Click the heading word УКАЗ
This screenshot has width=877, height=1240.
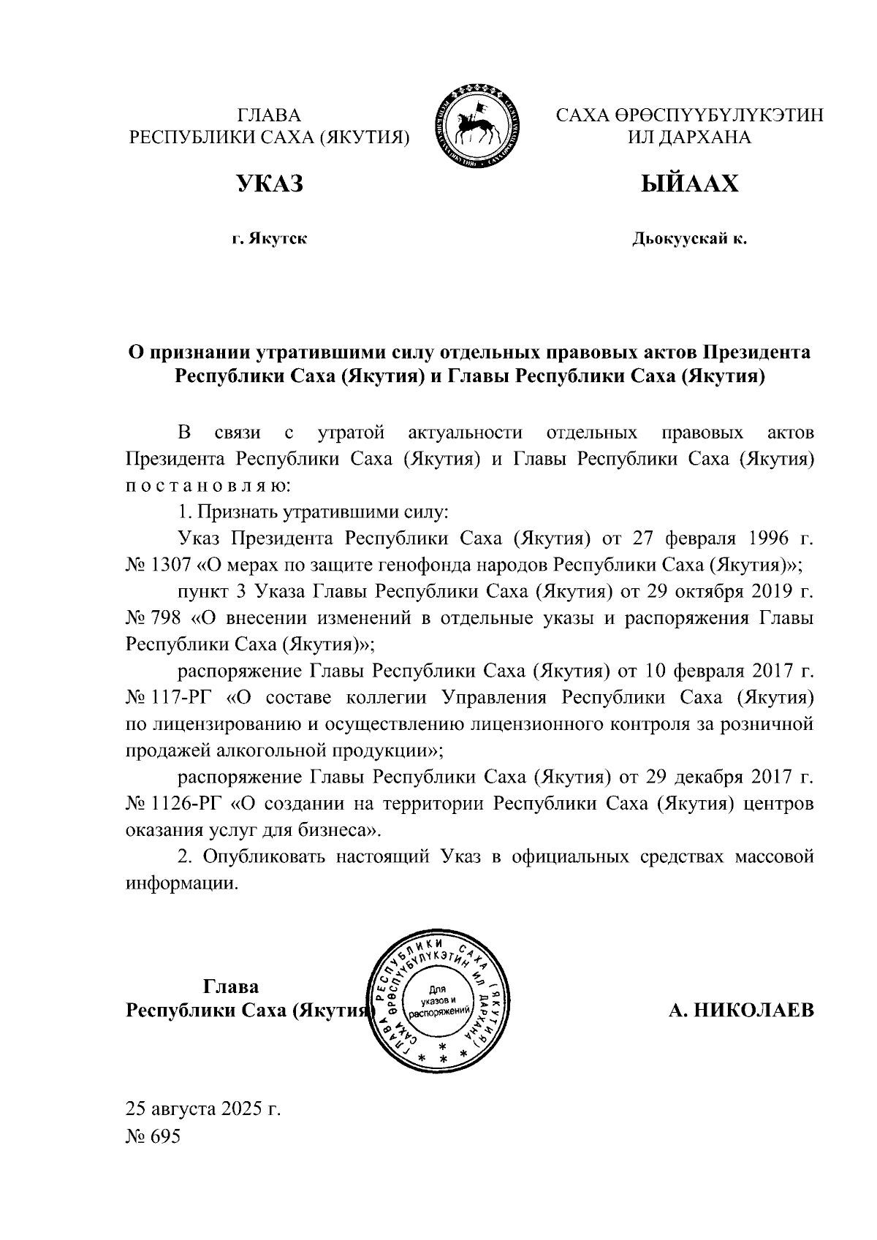point(269,184)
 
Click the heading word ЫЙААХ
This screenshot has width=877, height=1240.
point(689,184)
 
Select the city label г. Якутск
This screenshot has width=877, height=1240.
point(269,239)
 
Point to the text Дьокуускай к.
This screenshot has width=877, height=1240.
point(689,239)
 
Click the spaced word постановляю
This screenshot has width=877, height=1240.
point(208,485)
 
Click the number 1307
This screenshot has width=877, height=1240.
point(172,565)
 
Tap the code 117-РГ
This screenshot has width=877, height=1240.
point(181,697)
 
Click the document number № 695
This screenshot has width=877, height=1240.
point(153,1137)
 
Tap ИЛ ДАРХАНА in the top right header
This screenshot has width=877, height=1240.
point(689,137)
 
